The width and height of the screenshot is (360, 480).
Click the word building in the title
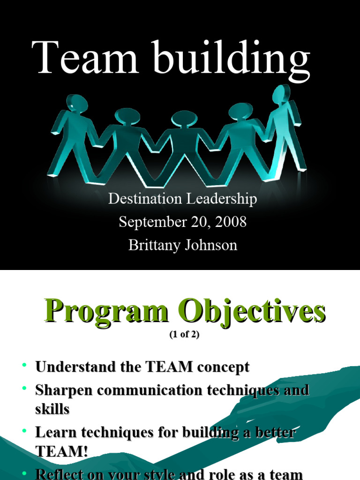[228, 59]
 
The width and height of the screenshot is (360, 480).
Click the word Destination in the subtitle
[145, 199]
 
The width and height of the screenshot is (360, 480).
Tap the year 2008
[231, 222]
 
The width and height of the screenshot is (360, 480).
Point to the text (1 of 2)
[181, 335]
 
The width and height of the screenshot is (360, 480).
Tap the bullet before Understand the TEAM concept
[25, 365]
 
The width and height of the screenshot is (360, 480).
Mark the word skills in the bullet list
[52, 409]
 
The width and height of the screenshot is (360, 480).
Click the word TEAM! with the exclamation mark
[61, 451]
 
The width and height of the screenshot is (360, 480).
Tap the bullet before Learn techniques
[25, 431]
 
